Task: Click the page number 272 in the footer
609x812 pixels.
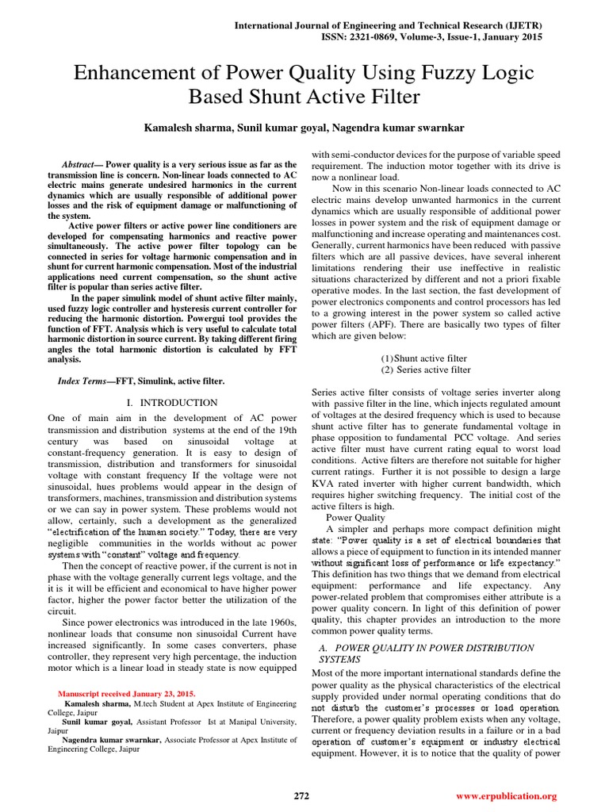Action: (x=301, y=795)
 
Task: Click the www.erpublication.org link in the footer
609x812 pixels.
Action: (x=507, y=795)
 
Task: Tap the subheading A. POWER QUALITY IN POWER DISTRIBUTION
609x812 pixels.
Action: (x=425, y=648)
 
